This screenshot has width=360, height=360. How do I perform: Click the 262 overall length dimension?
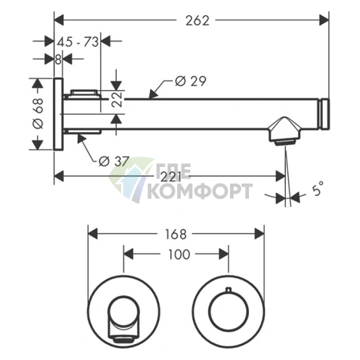pyautogui.click(x=197, y=20)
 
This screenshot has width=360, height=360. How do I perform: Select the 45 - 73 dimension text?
pyautogui.click(x=78, y=42)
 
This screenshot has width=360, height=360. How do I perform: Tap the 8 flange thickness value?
pyautogui.click(x=58, y=60)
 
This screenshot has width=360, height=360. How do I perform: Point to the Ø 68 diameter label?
pyautogui.click(x=38, y=113)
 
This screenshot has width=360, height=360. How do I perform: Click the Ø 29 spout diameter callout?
pyautogui.click(x=191, y=81)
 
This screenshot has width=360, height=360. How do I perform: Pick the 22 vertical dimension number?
pyautogui.click(x=118, y=99)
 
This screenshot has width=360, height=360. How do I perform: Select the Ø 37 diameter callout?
pyautogui.click(x=113, y=161)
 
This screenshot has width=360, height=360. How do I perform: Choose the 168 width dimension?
pyautogui.click(x=176, y=234)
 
